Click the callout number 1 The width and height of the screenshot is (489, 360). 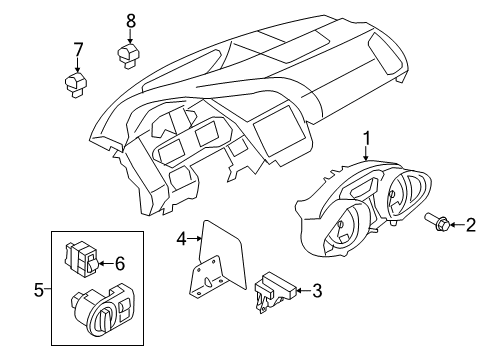pos(367,139)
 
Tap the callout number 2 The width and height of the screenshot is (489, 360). pos(471,225)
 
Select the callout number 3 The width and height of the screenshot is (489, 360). pos(317,291)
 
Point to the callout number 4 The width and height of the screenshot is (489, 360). pos(182,239)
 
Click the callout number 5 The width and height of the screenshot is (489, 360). pos(39,290)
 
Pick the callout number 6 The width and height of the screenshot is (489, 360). pos(120,263)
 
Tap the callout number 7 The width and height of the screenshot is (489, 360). pos(77,50)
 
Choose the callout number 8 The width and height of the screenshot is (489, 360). pos(131,21)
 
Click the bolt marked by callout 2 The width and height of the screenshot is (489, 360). pos(437,222)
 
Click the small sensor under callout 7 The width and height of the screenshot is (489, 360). pos(75,85)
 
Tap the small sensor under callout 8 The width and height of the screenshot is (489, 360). pos(129,55)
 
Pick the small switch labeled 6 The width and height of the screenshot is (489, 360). pos(82,260)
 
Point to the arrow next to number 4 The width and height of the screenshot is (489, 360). pos(195,239)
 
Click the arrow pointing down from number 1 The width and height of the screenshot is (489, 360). pos(367,154)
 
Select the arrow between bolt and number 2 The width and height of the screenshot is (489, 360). pos(457,225)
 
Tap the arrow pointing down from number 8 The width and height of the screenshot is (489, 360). pos(130,36)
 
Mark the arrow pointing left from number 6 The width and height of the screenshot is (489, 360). pos(106,263)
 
